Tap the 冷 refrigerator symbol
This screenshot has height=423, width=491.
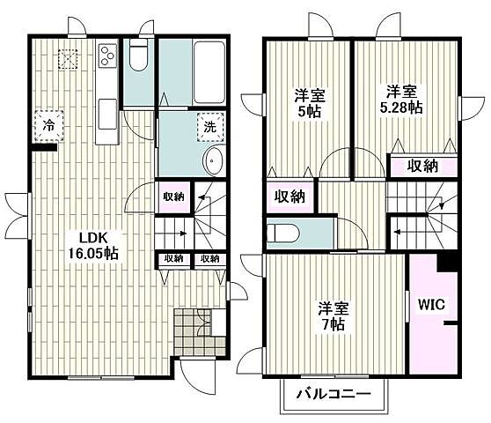[x=49, y=126]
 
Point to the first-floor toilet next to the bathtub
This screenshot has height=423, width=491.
[x=137, y=60]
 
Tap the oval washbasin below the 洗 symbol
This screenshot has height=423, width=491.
[x=212, y=161]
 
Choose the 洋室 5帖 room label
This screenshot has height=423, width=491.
[x=309, y=104]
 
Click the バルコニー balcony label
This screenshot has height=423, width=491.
[x=332, y=393]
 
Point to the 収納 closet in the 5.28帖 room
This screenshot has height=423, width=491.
[x=423, y=167]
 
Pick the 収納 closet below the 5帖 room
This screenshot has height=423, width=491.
[x=290, y=197]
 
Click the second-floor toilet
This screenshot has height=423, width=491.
[x=283, y=233]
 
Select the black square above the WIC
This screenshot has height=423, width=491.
[x=449, y=262]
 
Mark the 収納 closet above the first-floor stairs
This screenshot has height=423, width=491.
[x=172, y=197]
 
